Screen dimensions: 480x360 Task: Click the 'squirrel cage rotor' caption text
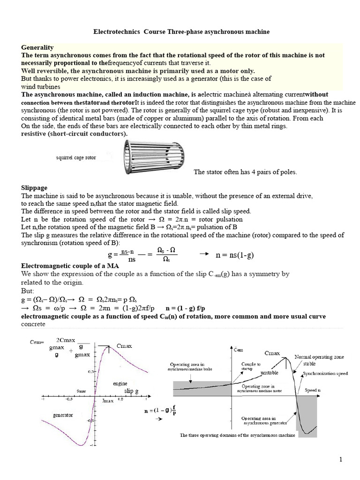(76, 157)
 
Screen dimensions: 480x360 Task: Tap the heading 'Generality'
(37, 47)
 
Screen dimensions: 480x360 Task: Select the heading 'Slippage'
(35, 187)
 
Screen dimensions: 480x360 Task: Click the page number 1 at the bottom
(341, 459)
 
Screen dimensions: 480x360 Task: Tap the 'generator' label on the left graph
(63, 415)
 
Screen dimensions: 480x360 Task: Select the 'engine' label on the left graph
(120, 383)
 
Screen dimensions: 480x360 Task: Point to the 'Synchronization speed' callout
(325, 374)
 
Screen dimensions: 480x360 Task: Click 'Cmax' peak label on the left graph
(124, 346)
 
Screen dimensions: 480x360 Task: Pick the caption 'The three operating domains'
(238, 435)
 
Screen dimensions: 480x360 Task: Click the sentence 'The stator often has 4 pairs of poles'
(245, 172)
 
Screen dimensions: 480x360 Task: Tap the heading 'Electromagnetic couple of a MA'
(65, 265)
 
